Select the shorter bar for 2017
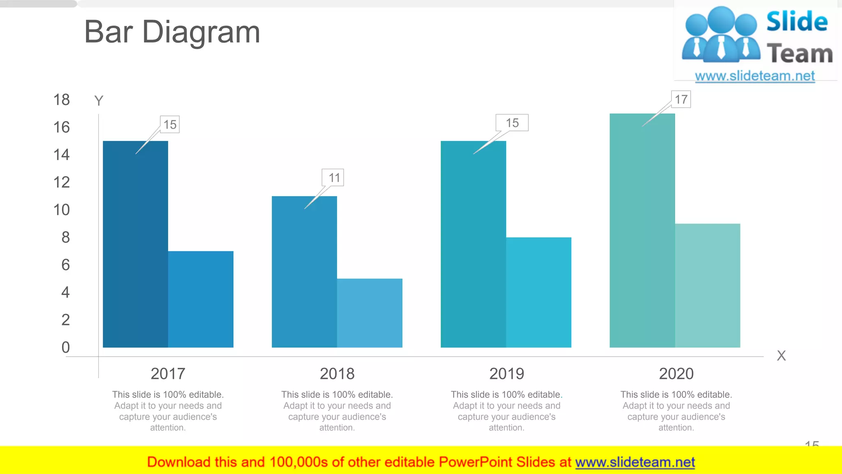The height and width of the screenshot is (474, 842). [201, 299]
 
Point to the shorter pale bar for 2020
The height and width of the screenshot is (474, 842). [708, 286]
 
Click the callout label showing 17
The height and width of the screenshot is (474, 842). [681, 100]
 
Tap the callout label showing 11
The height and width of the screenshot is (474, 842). [333, 178]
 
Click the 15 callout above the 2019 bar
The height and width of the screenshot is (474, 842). [512, 123]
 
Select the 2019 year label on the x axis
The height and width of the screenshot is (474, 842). [507, 374]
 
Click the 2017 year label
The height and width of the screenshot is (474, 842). [168, 374]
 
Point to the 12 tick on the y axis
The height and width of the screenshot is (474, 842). [62, 182]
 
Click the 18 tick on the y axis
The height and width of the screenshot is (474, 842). [62, 100]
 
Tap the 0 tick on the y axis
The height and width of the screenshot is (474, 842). [66, 347]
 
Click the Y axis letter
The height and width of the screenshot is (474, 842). [99, 101]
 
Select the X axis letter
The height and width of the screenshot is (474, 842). [781, 355]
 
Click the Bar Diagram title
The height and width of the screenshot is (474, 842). [172, 32]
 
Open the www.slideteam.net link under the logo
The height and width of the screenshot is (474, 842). [755, 76]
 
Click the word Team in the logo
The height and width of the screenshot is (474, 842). [799, 54]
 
